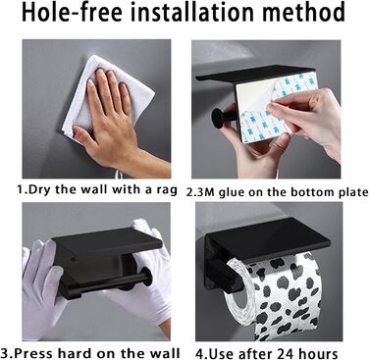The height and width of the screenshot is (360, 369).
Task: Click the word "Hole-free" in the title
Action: [x=72, y=13]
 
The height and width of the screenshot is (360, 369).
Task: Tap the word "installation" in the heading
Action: [x=193, y=12]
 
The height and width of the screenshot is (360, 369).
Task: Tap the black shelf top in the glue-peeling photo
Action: [x=255, y=74]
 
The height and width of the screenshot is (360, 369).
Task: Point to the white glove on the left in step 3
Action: [x=41, y=283]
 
